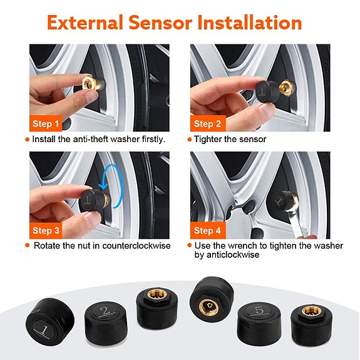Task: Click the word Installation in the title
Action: pyautogui.click(x=249, y=23)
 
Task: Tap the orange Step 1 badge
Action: pyautogui.click(x=46, y=123)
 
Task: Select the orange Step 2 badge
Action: pyautogui.click(x=207, y=123)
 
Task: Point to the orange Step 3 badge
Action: pyautogui.click(x=46, y=230)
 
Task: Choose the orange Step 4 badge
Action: pyautogui.click(x=207, y=230)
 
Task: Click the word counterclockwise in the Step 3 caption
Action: pyautogui.click(x=136, y=245)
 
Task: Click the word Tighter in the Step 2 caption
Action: pyautogui.click(x=208, y=139)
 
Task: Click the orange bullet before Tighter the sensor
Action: pyautogui.click(x=189, y=139)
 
